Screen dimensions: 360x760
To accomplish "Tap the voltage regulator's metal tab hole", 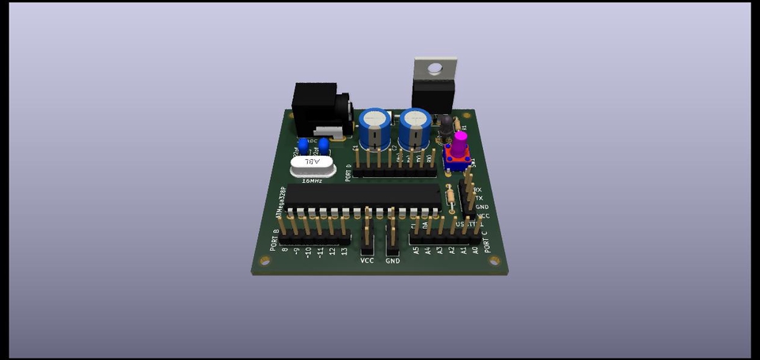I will coord(434,69).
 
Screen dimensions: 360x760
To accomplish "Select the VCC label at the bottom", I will coord(367,260).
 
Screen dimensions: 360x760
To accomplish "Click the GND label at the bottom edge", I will coord(393,260).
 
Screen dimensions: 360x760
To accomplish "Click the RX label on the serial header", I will coord(477,190).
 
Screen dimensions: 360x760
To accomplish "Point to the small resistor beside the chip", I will coord(451,195).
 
